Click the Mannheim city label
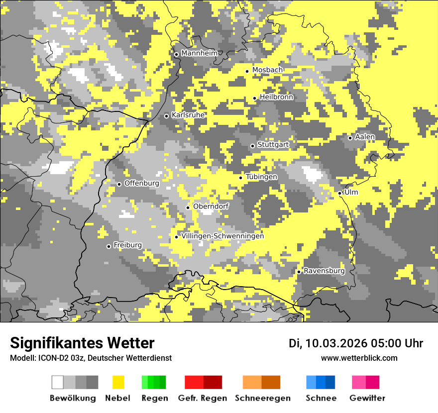tap(200, 53)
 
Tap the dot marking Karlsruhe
tap(167, 116)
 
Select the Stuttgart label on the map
tap(273, 145)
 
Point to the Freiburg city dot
tap(109, 246)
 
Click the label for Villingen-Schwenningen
tap(222, 236)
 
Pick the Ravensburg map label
tap(324, 271)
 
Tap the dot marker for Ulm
tap(339, 193)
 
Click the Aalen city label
tap(365, 137)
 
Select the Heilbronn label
tap(276, 97)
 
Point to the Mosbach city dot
tap(247, 71)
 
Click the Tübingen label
tap(261, 177)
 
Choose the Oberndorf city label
tap(211, 206)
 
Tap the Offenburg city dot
tap(119, 184)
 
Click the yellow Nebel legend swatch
tap(118, 382)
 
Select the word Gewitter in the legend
tap(367, 398)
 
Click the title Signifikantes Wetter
tap(82, 343)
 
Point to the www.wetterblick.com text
tap(359, 358)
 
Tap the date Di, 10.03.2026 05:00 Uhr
tap(356, 343)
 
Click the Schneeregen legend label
tap(263, 398)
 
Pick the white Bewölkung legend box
tap(58, 382)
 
